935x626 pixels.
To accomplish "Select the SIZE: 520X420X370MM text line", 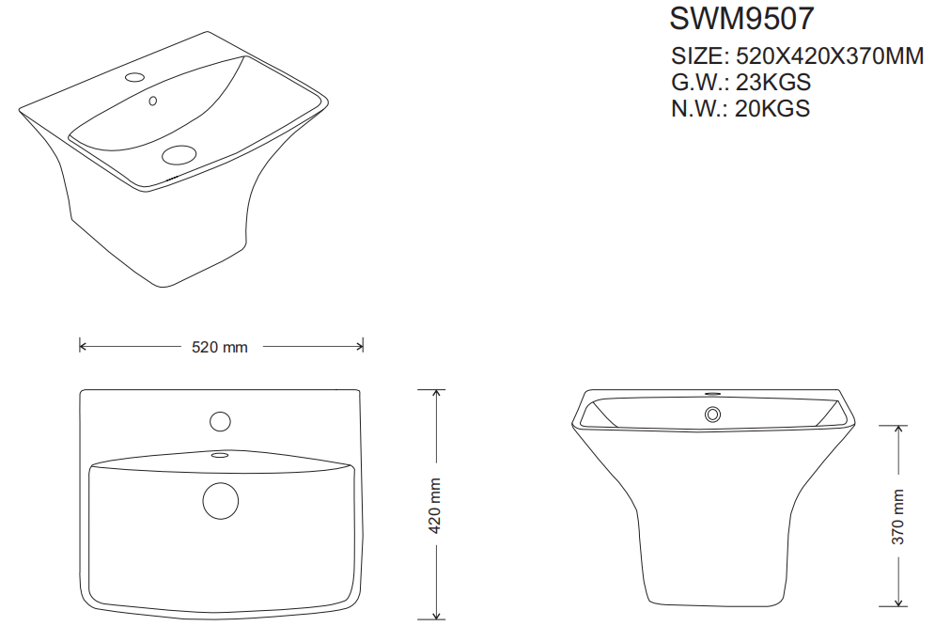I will [x=798, y=56].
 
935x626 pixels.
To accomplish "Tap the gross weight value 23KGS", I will [x=773, y=82].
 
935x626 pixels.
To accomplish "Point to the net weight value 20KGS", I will [x=772, y=108].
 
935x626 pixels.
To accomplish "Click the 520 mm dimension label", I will [x=220, y=347].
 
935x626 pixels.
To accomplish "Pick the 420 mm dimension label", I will [x=435, y=506].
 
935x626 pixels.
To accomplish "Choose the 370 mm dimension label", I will [x=898, y=517].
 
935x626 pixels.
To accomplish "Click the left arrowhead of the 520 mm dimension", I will [x=83, y=346].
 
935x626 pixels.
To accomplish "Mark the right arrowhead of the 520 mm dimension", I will [x=360, y=346].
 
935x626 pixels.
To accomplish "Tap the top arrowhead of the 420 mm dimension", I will [x=435, y=393].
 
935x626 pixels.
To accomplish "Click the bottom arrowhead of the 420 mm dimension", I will [x=435, y=617].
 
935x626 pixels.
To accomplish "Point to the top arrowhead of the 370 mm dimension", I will [x=898, y=429].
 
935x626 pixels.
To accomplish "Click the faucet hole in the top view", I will [x=221, y=421].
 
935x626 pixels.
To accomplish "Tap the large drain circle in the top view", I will [x=221, y=499].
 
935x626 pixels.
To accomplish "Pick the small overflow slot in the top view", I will [x=220, y=456].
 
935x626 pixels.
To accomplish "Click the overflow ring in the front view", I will [x=712, y=413].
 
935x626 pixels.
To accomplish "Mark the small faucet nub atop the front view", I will [x=712, y=392].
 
